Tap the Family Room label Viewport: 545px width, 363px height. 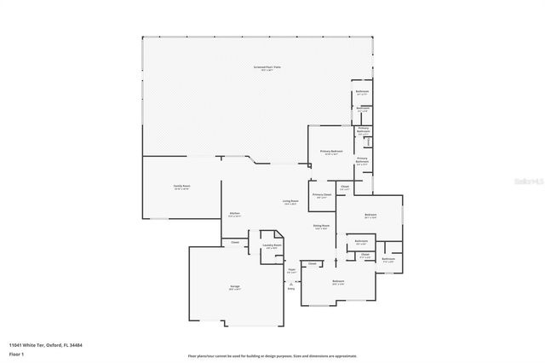pos(181,187)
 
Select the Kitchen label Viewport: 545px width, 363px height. pos(234,214)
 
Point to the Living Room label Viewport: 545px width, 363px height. pos(290,202)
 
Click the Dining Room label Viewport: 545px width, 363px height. pos(322,226)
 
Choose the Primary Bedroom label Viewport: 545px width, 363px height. pos(331,152)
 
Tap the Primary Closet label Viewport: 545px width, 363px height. pos(322,195)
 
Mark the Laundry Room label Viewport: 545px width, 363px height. pos(272,246)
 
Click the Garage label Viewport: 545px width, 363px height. pos(234,287)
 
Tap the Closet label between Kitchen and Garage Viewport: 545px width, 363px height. pos(235,243)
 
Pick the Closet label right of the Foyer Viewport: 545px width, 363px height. pos(313,264)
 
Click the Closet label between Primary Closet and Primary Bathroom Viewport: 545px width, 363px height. pos(345,187)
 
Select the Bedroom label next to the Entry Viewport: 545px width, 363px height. pos(338,282)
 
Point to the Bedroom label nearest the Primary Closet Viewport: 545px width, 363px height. pos(370,216)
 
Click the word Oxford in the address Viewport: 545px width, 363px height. pos(56,346)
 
